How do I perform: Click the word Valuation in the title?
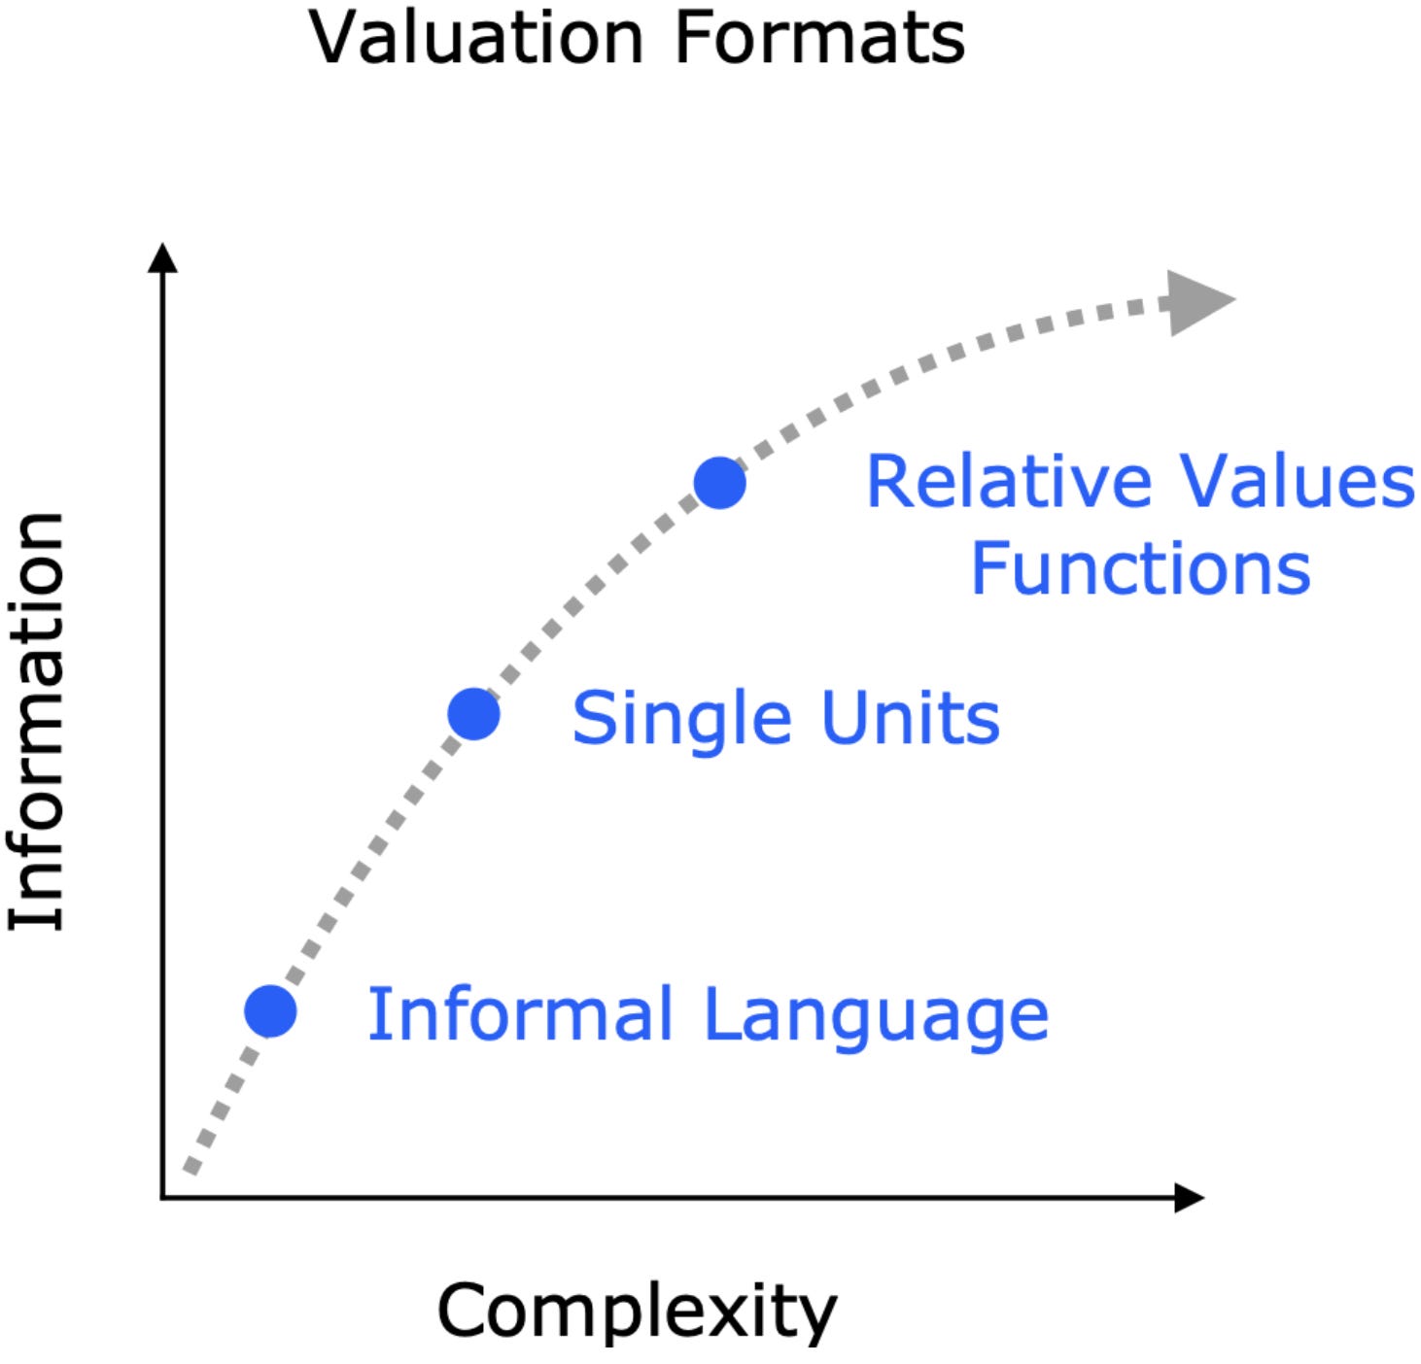pyautogui.click(x=475, y=39)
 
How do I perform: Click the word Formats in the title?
pyautogui.click(x=819, y=39)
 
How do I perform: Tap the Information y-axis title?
pyautogui.click(x=37, y=721)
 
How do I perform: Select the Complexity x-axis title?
pyautogui.click(x=637, y=1311)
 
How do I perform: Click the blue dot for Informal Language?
pyautogui.click(x=270, y=1011)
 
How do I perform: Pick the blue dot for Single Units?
pyautogui.click(x=473, y=715)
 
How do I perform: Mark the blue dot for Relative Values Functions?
pyautogui.click(x=719, y=483)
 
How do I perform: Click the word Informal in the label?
pyautogui.click(x=520, y=1014)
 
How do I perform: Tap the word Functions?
pyautogui.click(x=1140, y=569)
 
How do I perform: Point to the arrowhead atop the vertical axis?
pyautogui.click(x=162, y=258)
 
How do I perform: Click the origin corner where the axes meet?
pyautogui.click(x=162, y=1198)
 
